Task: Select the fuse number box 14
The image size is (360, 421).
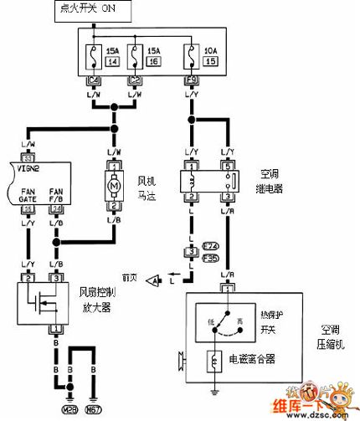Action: coord(112,61)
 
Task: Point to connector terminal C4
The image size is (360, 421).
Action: coord(92,81)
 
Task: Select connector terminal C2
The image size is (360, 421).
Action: coord(134,81)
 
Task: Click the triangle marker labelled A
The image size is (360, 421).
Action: coord(153,280)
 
